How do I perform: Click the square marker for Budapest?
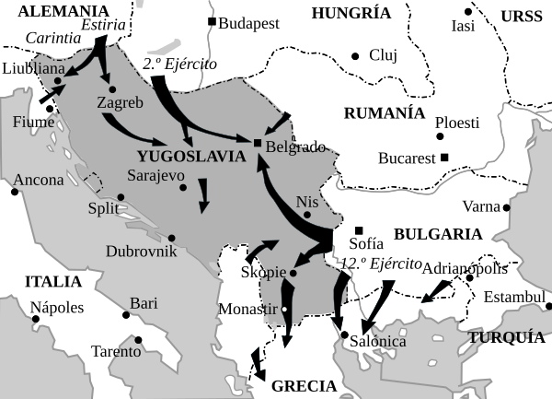[213, 21]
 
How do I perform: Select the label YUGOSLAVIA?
[190, 156]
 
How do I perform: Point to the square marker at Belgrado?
[257, 142]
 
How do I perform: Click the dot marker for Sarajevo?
[183, 188]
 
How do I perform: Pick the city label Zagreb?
[120, 103]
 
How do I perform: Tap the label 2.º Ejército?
[180, 65]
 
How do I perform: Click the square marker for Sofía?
[359, 229]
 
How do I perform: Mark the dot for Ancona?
[16, 192]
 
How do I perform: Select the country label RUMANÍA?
[384, 112]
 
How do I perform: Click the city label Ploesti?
[457, 123]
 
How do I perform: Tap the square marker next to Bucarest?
[444, 158]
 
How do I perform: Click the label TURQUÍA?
[506, 337]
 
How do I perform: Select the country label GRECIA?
[304, 386]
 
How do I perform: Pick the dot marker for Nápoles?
[36, 320]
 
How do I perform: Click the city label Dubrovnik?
[137, 251]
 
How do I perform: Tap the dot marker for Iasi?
[467, 11]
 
